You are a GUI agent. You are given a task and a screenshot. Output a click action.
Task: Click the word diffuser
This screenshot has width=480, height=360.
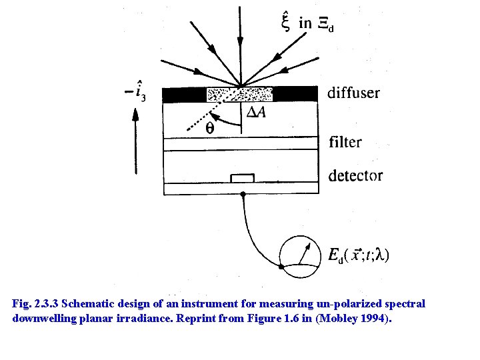tap(353, 93)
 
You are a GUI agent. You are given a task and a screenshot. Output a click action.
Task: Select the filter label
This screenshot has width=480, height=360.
tap(345, 142)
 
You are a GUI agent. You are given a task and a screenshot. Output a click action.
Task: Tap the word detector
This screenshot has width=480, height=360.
tap(355, 175)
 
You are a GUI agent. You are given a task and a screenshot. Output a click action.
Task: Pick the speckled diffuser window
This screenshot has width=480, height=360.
tap(240, 94)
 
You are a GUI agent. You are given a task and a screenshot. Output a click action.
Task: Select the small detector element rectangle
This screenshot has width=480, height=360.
tap(242, 177)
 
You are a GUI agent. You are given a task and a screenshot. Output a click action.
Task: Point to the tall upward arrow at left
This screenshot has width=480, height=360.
tap(136, 140)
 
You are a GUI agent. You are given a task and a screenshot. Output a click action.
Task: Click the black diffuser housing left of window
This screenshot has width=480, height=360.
tap(185, 94)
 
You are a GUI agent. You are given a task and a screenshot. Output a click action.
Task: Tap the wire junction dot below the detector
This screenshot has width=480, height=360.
tap(243, 194)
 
